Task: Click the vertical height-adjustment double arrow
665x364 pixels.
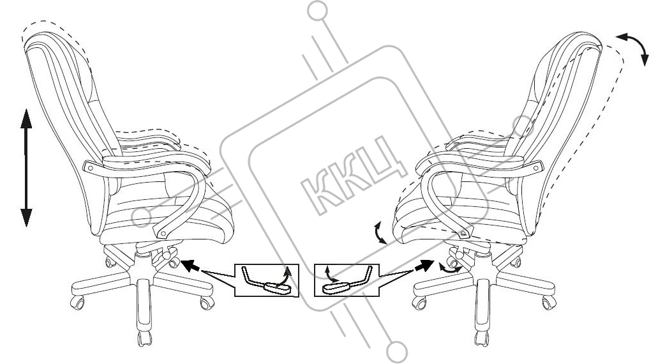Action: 26,168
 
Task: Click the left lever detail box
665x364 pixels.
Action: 267,280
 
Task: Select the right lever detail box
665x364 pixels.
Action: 347,280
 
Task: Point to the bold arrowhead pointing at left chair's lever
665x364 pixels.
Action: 190,265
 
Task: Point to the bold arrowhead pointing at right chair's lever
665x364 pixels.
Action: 424,266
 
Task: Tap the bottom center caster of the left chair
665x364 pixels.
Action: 145,338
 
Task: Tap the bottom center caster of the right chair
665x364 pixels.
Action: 481,338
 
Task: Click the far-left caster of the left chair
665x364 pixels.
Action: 77,303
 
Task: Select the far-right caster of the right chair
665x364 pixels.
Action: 549,303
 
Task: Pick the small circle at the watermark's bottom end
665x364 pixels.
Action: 397,352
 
